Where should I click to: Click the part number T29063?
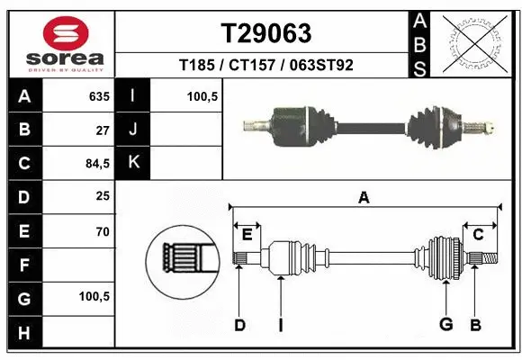(265, 33)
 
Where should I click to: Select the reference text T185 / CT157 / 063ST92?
(265, 65)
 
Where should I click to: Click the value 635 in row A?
(98, 96)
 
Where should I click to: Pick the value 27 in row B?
(102, 130)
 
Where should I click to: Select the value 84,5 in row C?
(96, 164)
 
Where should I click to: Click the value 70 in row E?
(102, 231)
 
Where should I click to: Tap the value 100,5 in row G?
(95, 296)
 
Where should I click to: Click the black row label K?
(134, 163)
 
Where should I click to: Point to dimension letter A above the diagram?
(364, 198)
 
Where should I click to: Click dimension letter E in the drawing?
(247, 235)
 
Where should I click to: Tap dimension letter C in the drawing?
(479, 235)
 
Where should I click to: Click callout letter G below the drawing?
(444, 325)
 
